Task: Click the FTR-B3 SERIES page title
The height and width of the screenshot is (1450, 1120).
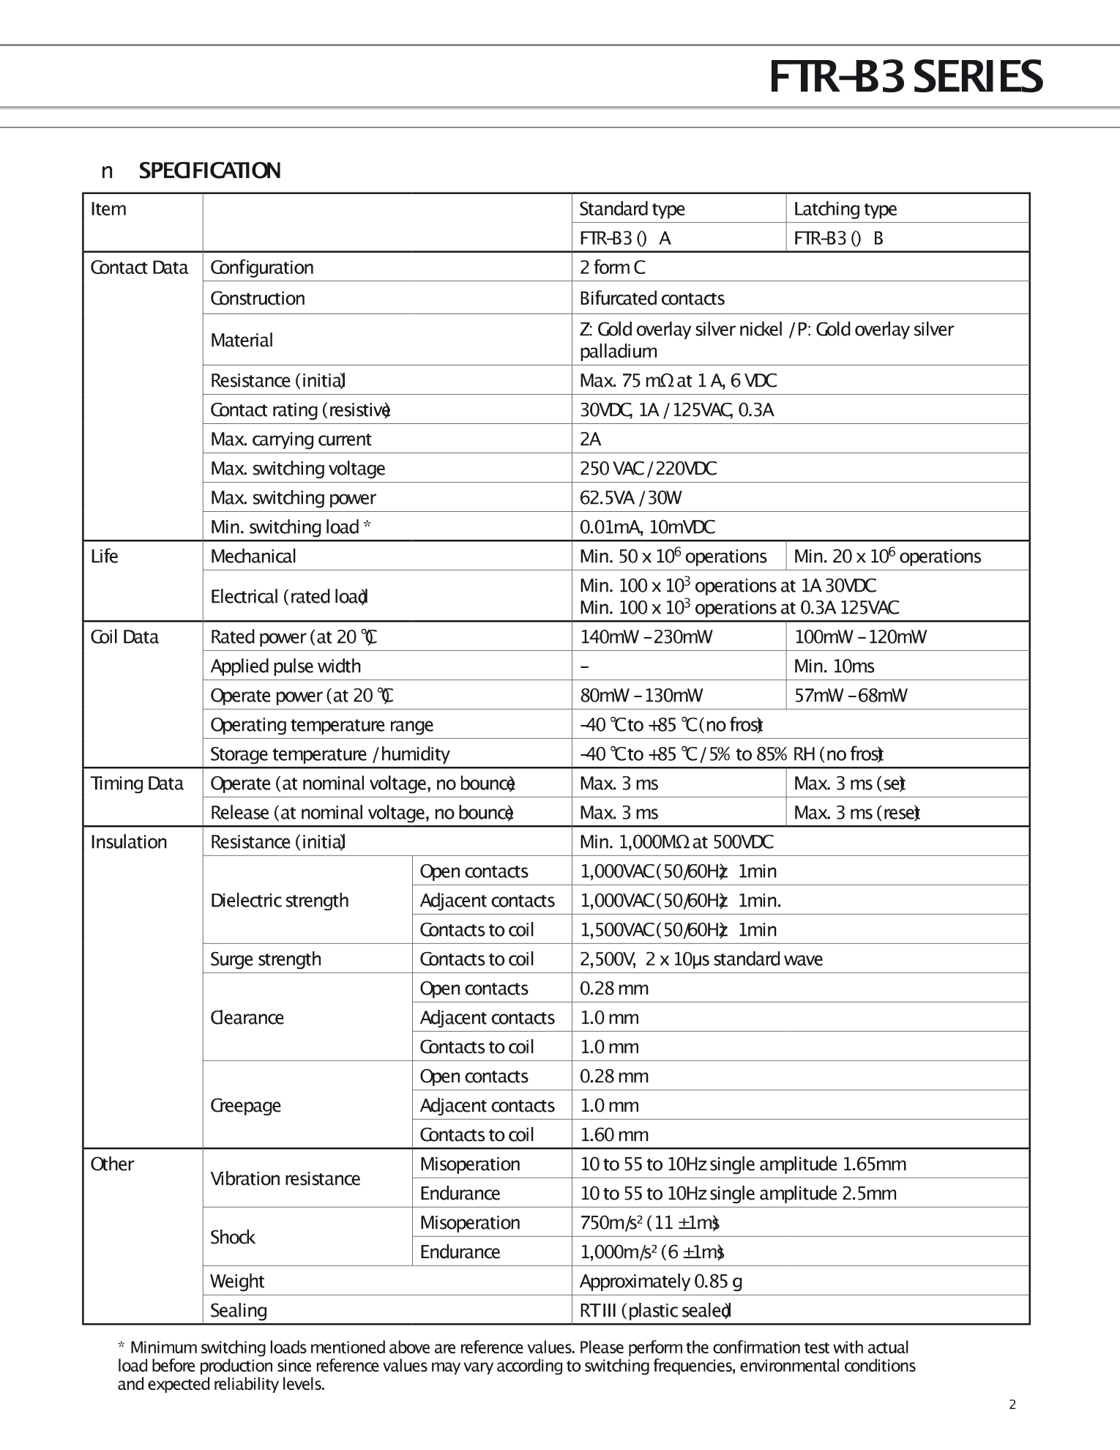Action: coord(906,77)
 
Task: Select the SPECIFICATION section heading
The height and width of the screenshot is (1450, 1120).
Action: coord(209,171)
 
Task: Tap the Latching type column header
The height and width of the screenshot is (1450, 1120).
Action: coord(845,209)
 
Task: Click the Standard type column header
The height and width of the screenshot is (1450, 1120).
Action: coord(632,209)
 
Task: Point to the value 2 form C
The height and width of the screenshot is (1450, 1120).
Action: coord(612,267)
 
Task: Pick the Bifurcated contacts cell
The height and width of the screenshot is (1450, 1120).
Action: coord(652,298)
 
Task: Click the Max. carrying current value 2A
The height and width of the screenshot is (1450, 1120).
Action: coord(590,439)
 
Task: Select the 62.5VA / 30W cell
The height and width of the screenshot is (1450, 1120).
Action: coord(630,497)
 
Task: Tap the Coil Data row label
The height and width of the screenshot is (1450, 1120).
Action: coord(124,636)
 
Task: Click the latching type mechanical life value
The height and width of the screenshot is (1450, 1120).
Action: coord(886,556)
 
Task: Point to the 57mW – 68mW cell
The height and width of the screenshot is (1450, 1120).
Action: coord(850,695)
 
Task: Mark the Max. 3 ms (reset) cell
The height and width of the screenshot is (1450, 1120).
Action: coord(856,812)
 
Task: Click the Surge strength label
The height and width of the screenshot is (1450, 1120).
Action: coord(266,959)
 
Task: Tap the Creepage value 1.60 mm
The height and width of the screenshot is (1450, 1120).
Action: coord(613,1134)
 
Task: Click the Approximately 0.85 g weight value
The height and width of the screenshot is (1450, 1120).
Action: coord(660,1281)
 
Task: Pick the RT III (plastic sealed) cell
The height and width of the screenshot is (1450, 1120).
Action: coord(654,1310)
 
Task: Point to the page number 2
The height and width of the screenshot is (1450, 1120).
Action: coord(1012,1404)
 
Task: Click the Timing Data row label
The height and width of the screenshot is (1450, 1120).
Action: coord(137,783)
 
